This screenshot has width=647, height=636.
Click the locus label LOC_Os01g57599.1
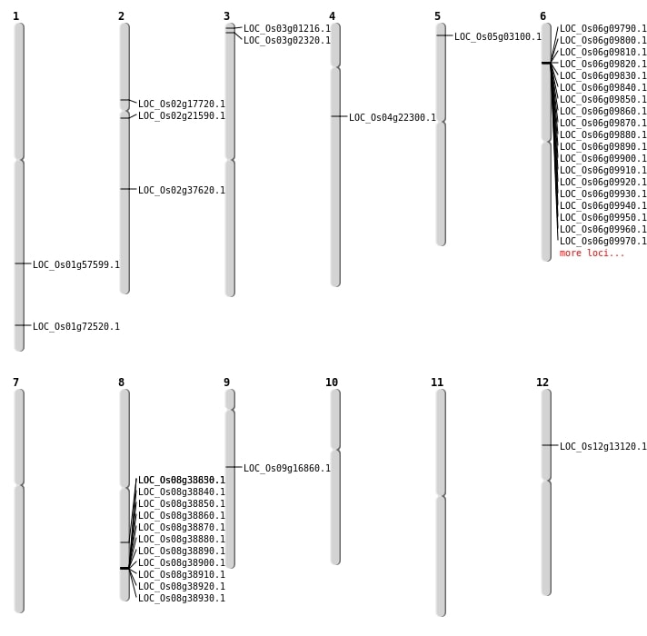(x=76, y=265)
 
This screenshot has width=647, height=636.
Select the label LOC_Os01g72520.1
(x=76, y=327)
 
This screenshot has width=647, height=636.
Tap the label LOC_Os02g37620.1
(x=182, y=191)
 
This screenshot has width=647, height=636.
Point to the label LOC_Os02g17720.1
(x=182, y=104)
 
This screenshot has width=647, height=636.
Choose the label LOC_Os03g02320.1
(x=287, y=41)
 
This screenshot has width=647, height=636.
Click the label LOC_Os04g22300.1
(x=393, y=118)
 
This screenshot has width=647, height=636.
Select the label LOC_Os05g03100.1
(x=498, y=37)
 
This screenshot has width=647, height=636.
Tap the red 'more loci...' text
(x=592, y=253)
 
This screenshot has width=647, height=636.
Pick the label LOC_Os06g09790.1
(x=603, y=29)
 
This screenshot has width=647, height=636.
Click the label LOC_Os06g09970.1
(x=603, y=242)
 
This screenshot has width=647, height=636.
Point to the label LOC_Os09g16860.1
(x=287, y=469)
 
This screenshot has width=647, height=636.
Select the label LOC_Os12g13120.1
(x=603, y=447)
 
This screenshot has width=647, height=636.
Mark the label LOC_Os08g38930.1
(x=182, y=599)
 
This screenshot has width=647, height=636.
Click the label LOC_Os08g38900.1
(x=182, y=563)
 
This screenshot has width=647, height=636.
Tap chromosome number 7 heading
(x=15, y=383)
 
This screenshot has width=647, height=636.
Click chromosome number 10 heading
(x=332, y=383)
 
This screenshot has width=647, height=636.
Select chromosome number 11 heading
(x=437, y=383)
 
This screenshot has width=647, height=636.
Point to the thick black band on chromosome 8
(x=124, y=568)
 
